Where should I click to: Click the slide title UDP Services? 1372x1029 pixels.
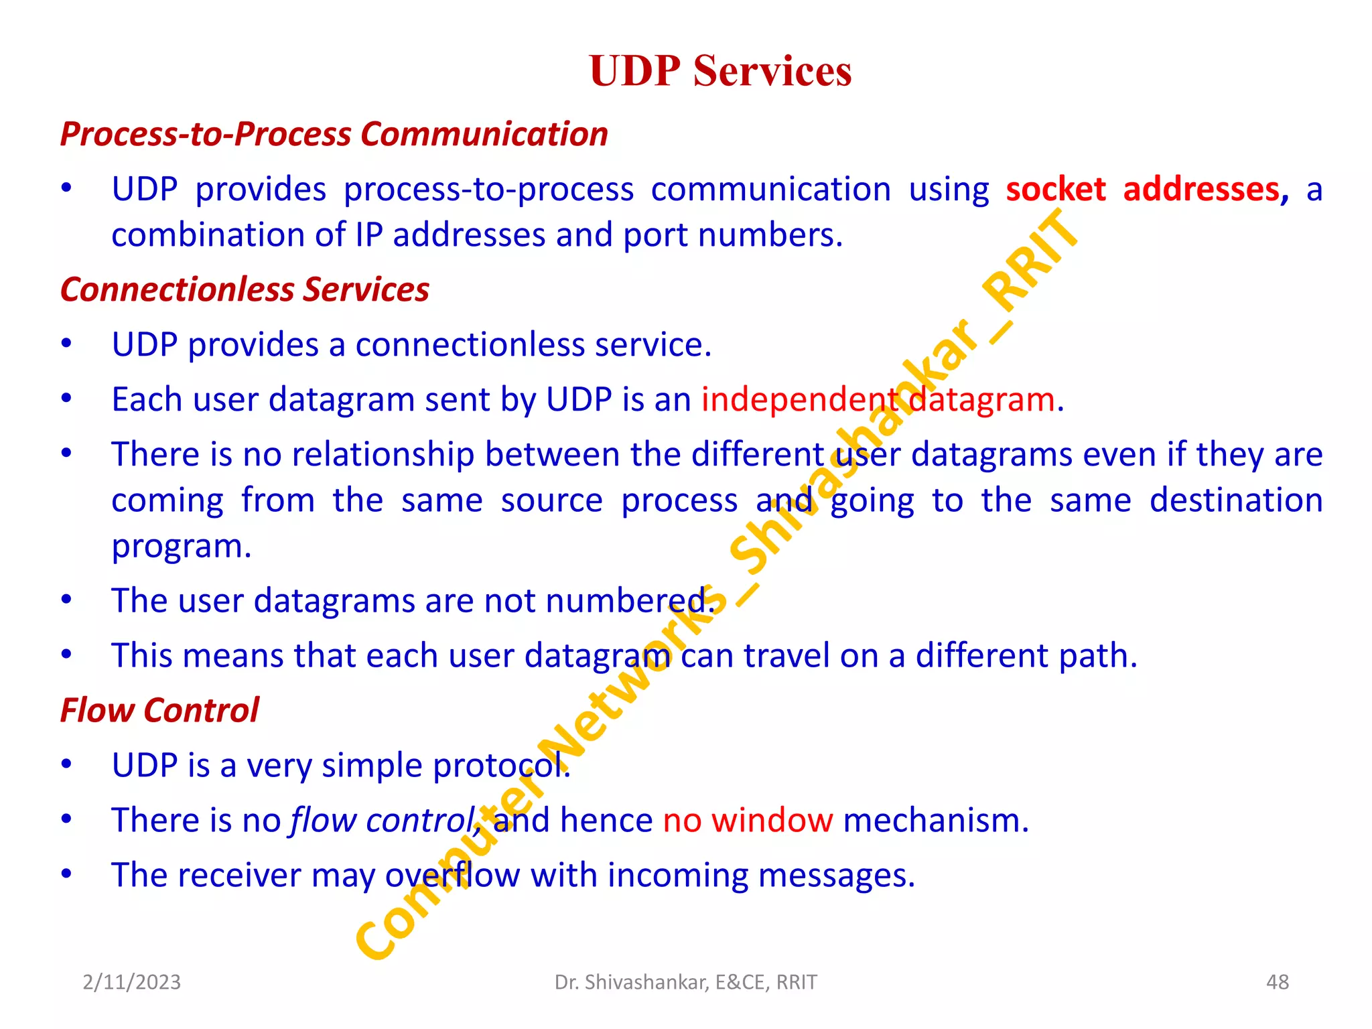click(x=720, y=70)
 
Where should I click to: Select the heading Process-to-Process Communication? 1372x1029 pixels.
click(x=334, y=134)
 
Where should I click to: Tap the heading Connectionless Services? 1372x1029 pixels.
click(x=245, y=289)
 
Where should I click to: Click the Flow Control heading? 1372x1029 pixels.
click(x=159, y=710)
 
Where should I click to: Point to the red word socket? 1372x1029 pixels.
click(x=1055, y=190)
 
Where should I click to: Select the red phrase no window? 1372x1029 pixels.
click(x=748, y=820)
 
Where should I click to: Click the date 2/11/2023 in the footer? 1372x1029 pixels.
click(x=131, y=982)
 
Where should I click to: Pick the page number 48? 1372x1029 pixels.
click(x=1277, y=982)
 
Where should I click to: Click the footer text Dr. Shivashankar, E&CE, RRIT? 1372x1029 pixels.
click(x=685, y=982)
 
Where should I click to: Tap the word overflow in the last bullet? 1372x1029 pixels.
click(x=452, y=876)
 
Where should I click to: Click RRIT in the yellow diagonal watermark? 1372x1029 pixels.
click(x=1032, y=261)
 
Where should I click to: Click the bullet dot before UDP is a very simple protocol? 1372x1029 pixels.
click(x=66, y=764)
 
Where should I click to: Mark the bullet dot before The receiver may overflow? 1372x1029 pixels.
click(x=66, y=874)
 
